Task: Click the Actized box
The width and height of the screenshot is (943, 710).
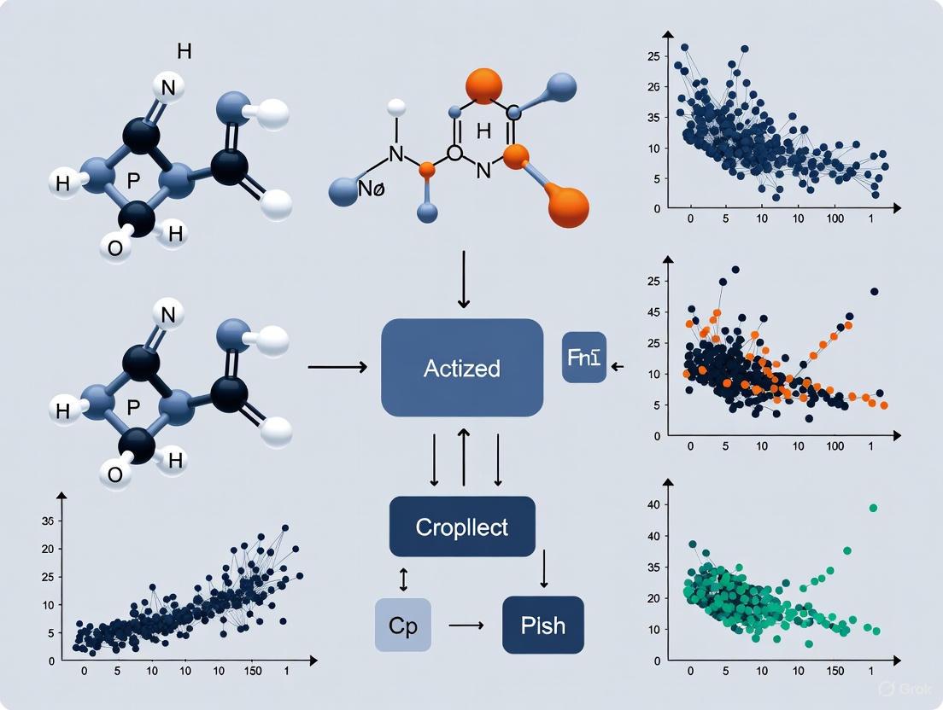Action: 462,368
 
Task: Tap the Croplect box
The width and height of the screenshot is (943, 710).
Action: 462,527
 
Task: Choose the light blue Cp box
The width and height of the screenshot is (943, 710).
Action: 403,625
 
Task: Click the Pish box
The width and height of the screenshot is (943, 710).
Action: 542,625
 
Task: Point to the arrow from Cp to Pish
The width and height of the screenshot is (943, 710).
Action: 466,626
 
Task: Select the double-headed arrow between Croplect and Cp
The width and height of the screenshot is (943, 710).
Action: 404,580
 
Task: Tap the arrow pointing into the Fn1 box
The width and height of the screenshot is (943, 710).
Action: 618,366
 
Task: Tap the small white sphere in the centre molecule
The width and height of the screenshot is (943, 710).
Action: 395,108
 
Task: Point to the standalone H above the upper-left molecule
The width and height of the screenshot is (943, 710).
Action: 184,51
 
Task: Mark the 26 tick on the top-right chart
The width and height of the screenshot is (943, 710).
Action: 653,87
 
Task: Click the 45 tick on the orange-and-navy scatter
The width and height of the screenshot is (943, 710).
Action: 653,313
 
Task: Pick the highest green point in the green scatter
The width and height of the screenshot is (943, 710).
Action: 873,508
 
